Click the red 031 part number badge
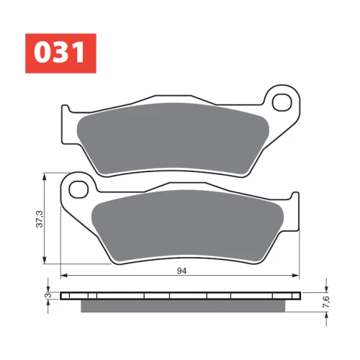tap(60, 53)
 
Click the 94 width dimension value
tap(181, 271)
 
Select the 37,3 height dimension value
tap(40, 219)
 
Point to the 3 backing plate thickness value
tap(48, 295)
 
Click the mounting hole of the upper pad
tap(282, 102)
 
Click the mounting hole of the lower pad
tap(78, 189)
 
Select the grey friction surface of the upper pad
tap(174, 139)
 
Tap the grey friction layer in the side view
tap(183, 306)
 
